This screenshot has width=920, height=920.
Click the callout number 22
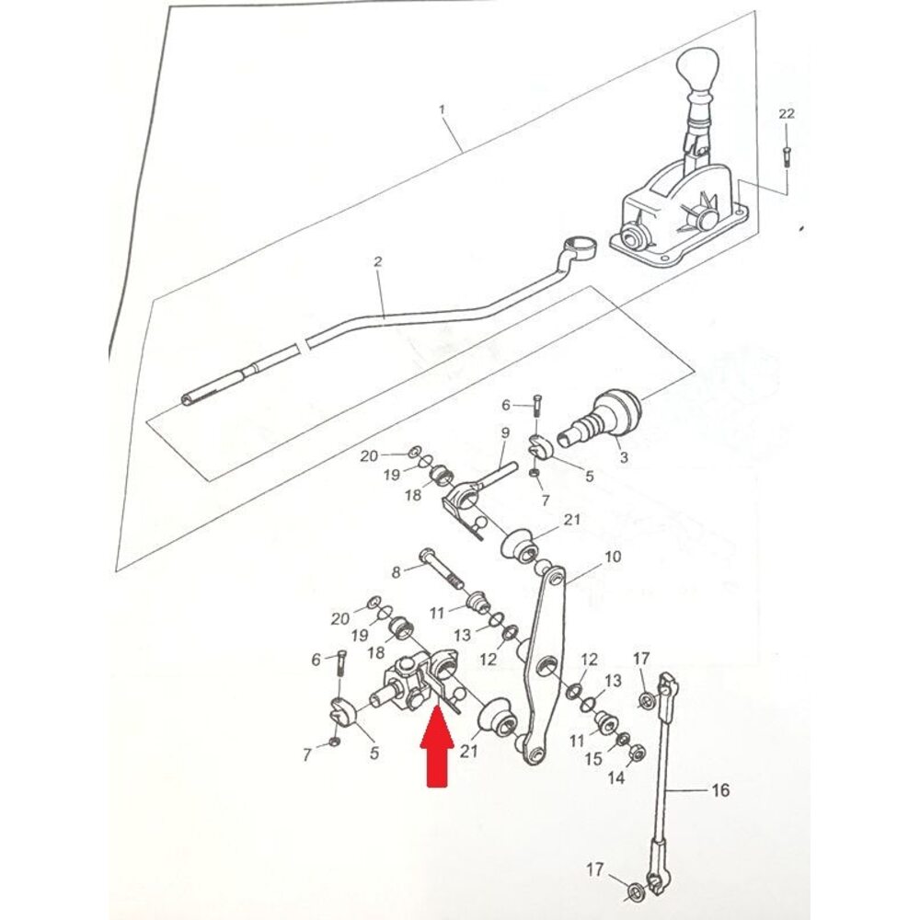pos(786,113)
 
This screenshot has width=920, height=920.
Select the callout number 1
pos(442,109)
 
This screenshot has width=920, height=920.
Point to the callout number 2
pos(377,262)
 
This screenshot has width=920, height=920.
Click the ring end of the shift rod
pos(580,246)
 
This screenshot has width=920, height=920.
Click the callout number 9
pos(505,432)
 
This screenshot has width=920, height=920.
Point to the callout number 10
pos(613,558)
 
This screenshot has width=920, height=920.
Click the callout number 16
pos(720,789)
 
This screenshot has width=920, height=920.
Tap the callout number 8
pos(397,572)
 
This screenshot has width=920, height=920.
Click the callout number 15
pos(594,759)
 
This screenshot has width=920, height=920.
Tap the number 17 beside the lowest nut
pos(597,868)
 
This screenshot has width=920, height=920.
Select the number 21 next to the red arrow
pos(469,752)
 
